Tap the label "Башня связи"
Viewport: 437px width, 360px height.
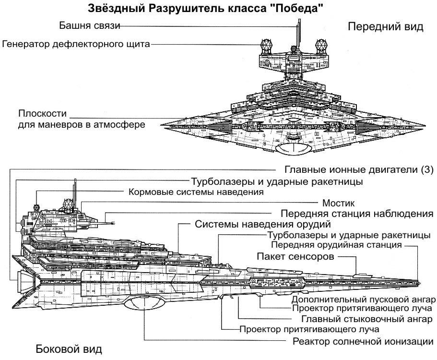point(88,25)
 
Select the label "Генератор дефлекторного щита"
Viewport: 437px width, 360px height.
point(76,45)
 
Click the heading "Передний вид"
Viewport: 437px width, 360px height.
point(385,27)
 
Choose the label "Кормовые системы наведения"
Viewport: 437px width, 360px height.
point(197,192)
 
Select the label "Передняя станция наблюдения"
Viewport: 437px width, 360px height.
point(357,213)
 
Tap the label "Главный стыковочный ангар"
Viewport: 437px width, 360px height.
point(367,319)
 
